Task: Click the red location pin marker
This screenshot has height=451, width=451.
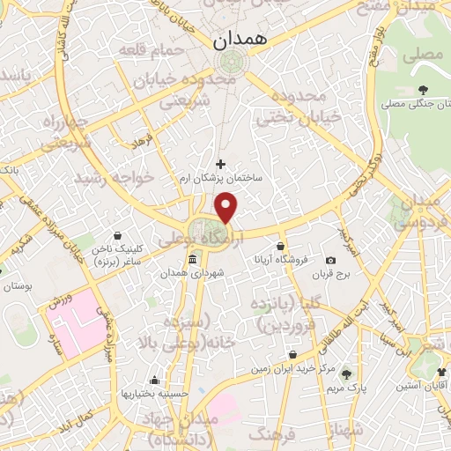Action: tap(227, 207)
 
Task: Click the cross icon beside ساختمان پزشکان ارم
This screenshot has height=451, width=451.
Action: tap(220, 163)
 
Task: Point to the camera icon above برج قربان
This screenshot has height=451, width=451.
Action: tap(330, 261)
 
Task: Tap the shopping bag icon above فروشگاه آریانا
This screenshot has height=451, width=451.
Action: tap(280, 246)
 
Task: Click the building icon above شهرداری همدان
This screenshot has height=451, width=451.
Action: tap(192, 260)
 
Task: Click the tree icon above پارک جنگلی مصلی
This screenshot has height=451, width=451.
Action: tap(423, 90)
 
